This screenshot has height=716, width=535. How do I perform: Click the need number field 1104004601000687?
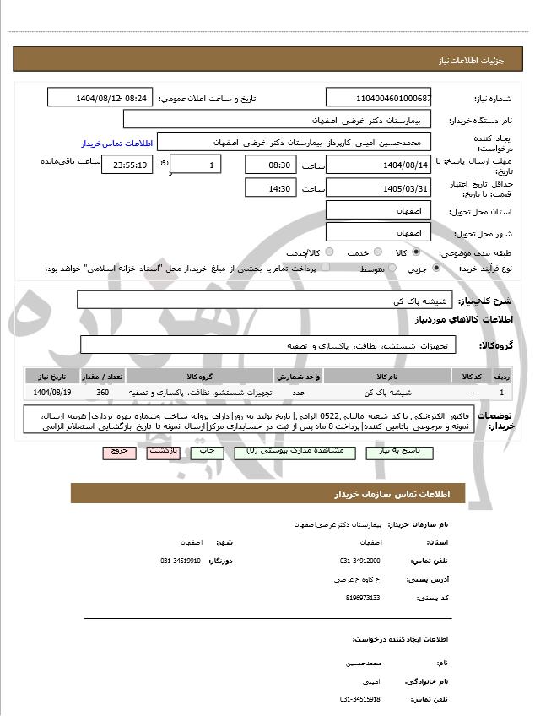point(378,98)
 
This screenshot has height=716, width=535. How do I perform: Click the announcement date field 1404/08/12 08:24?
point(100,98)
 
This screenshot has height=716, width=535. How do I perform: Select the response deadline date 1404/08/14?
point(378,165)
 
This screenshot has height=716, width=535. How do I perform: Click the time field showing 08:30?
point(270,165)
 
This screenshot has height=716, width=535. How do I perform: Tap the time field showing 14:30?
point(270,188)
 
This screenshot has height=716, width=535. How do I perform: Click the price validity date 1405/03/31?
point(378,188)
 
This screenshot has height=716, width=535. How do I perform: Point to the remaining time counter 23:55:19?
point(127,165)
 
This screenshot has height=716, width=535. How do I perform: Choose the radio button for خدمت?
point(376,252)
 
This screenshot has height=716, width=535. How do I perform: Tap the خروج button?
point(120,453)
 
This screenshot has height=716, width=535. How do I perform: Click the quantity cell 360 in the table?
point(102,393)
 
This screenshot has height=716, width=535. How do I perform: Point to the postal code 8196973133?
point(363,598)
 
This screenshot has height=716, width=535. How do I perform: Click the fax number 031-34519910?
point(181,561)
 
